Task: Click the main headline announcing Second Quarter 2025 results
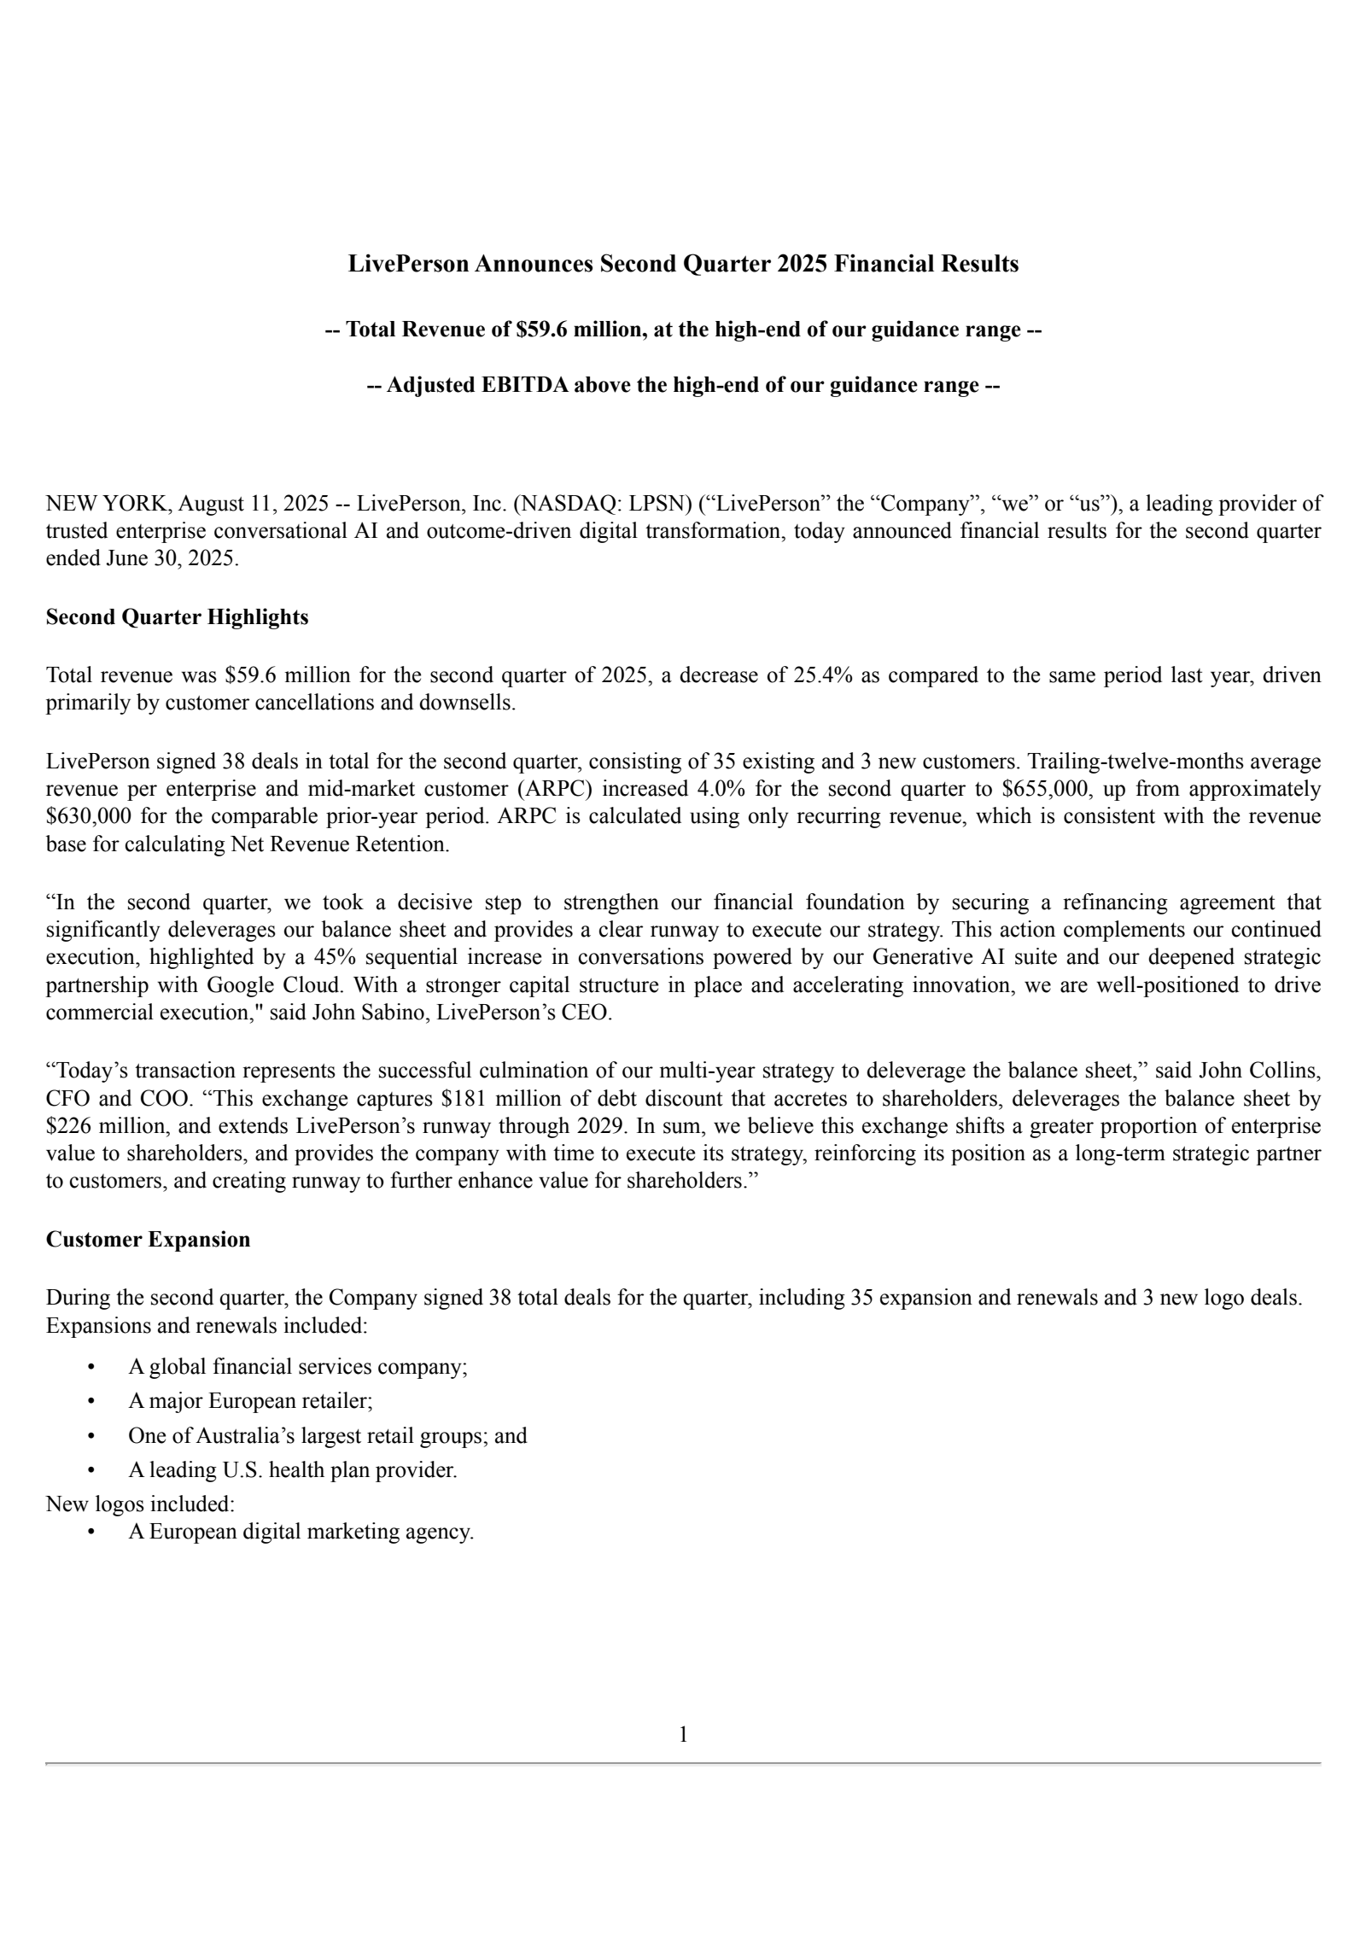pyautogui.click(x=683, y=264)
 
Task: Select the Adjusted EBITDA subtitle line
pyautogui.click(x=683, y=386)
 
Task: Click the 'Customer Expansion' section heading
pyautogui.click(x=148, y=1239)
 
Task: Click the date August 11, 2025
pyautogui.click(x=252, y=504)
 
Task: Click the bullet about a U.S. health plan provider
pyautogui.click(x=292, y=1470)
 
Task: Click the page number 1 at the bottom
pyautogui.click(x=683, y=1734)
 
